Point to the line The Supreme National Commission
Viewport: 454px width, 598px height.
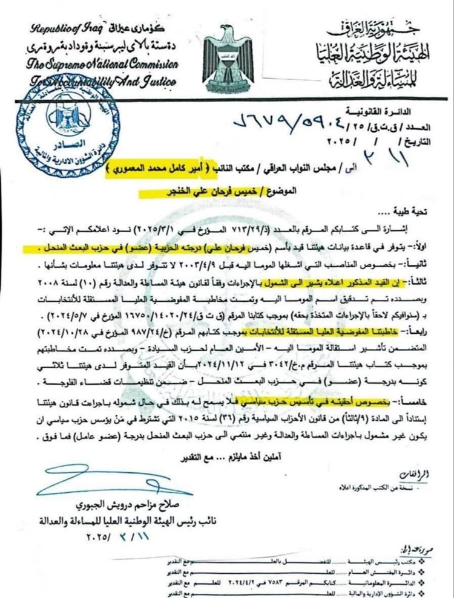[x=96, y=63]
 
